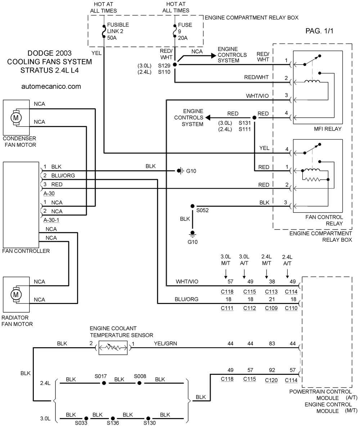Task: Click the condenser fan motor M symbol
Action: pyautogui.click(x=16, y=118)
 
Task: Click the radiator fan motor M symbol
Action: pyautogui.click(x=16, y=295)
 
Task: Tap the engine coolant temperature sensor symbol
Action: pyautogui.click(x=113, y=348)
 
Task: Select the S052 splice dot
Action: pyautogui.click(x=193, y=206)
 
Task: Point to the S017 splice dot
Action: pyautogui.click(x=104, y=383)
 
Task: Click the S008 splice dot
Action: pyautogui.click(x=139, y=383)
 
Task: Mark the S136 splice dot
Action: pyautogui.click(x=113, y=418)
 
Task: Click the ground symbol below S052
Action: pyautogui.click(x=193, y=234)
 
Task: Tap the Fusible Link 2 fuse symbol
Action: pyautogui.click(x=104, y=31)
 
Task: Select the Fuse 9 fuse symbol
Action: pyautogui.click(x=175, y=31)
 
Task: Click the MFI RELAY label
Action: pyautogui.click(x=328, y=129)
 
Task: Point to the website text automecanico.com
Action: pyautogui.click(x=51, y=86)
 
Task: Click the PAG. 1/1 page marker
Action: pyautogui.click(x=319, y=31)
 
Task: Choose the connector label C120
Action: pyautogui.click(x=271, y=380)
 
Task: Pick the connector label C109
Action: pyautogui.click(x=271, y=308)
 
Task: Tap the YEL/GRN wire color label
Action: pyautogui.click(x=165, y=343)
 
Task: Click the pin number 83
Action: pyautogui.click(x=272, y=343)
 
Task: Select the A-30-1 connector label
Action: pyautogui.click(x=51, y=220)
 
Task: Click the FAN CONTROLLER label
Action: pyautogui.click(x=26, y=251)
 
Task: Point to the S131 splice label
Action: pyautogui.click(x=244, y=123)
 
